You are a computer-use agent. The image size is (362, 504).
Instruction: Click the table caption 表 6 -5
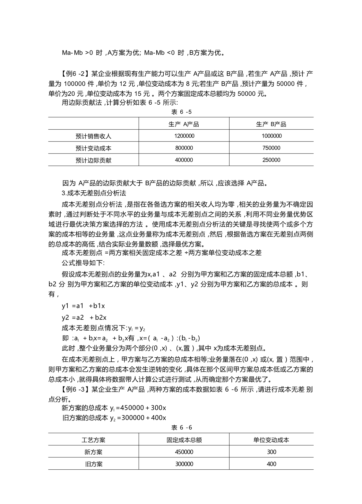(181, 112)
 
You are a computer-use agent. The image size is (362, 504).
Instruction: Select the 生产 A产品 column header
(184, 124)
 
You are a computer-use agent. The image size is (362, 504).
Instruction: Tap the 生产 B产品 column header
(271, 124)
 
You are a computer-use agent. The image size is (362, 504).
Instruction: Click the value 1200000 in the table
(184, 136)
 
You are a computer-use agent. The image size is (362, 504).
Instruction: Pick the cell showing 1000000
(271, 136)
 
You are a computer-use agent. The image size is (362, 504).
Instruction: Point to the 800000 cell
(184, 148)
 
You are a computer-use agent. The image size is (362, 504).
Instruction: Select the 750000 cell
(271, 148)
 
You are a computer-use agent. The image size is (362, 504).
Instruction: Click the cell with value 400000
(184, 160)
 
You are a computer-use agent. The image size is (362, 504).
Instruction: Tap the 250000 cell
(271, 160)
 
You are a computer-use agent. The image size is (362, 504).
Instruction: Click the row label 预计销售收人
(93, 136)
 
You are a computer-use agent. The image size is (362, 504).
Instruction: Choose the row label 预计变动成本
(93, 148)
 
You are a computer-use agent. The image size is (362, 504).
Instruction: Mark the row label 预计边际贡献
(93, 160)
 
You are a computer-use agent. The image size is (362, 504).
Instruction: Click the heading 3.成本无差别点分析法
(94, 193)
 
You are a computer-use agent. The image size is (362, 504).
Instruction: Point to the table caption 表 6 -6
(181, 427)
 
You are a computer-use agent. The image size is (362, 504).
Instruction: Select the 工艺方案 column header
(93, 440)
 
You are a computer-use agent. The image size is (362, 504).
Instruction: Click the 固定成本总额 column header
(184, 440)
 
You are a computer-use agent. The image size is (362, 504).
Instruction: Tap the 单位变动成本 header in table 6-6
(271, 440)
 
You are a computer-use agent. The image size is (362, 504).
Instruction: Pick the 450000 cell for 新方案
(184, 452)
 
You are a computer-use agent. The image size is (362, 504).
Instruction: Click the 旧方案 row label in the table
(93, 464)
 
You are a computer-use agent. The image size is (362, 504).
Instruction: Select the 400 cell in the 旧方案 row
(271, 464)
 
